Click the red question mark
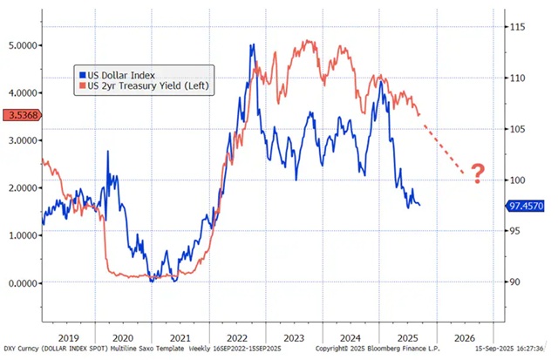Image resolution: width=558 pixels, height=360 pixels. tap(477, 173)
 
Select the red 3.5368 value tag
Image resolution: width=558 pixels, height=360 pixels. tap(20, 114)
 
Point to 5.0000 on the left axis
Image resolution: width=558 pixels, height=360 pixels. tap(22, 44)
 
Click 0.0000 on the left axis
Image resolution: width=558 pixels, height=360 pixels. tap(22, 282)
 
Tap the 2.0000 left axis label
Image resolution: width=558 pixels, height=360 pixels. tap(22, 187)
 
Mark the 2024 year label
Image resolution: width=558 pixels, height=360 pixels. tap(350, 336)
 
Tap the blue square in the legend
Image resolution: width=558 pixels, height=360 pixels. tap(81, 75)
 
